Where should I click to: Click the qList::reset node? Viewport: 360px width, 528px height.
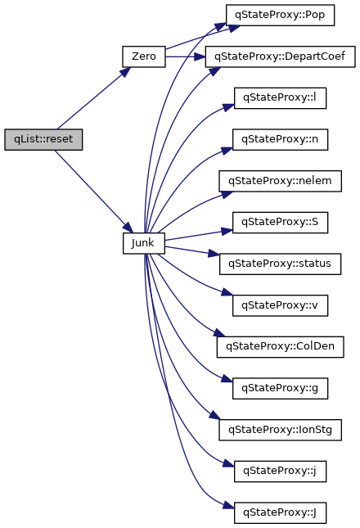pos(43,139)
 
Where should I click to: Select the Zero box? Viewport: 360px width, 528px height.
pos(144,56)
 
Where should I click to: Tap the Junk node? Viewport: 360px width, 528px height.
pos(144,243)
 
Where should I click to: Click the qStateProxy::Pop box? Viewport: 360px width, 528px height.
pos(280,16)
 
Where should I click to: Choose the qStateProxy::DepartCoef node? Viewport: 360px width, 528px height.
pos(281,56)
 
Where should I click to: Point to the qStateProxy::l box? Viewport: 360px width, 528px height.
pos(281,98)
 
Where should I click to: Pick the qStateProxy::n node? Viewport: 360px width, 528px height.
pos(281,139)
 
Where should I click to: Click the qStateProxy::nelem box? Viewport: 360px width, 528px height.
pos(281,181)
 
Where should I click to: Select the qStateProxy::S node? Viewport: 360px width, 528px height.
pos(281,222)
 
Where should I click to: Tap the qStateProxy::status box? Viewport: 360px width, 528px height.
pos(281,264)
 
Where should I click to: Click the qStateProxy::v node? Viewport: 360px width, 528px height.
pos(281,305)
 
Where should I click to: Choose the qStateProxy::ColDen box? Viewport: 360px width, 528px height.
pos(281,347)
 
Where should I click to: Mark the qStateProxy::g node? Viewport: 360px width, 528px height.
pos(281,388)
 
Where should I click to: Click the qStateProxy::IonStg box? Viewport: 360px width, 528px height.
pos(281,430)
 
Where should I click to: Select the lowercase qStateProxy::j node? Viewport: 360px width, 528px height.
pos(281,471)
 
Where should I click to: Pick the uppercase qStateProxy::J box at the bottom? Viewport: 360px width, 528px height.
pos(281,512)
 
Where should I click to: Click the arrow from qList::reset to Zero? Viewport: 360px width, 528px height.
pos(94,98)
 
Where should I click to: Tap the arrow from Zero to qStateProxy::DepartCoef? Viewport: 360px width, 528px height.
pos(186,56)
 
